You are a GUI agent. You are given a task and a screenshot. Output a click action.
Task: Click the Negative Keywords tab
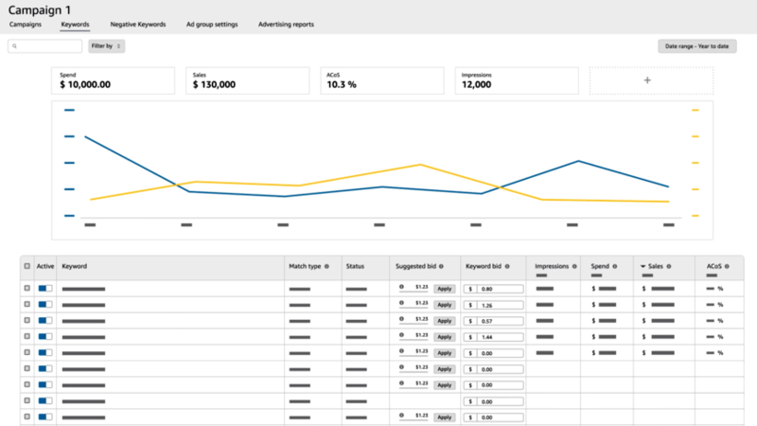[x=137, y=24]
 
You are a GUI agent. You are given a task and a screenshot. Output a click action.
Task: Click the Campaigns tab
[x=25, y=24]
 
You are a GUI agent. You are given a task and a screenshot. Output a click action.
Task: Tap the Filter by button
[x=106, y=45]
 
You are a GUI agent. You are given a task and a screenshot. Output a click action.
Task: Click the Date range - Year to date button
[x=696, y=45]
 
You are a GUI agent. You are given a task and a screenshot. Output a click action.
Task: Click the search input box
[x=45, y=45]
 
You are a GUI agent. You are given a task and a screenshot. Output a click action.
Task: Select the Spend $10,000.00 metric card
[x=114, y=80]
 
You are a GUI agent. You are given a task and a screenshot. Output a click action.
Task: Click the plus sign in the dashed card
[x=647, y=80]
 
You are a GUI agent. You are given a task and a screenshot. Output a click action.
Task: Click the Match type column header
[x=305, y=267]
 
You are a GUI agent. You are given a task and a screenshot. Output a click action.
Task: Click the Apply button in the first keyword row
[x=443, y=289]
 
